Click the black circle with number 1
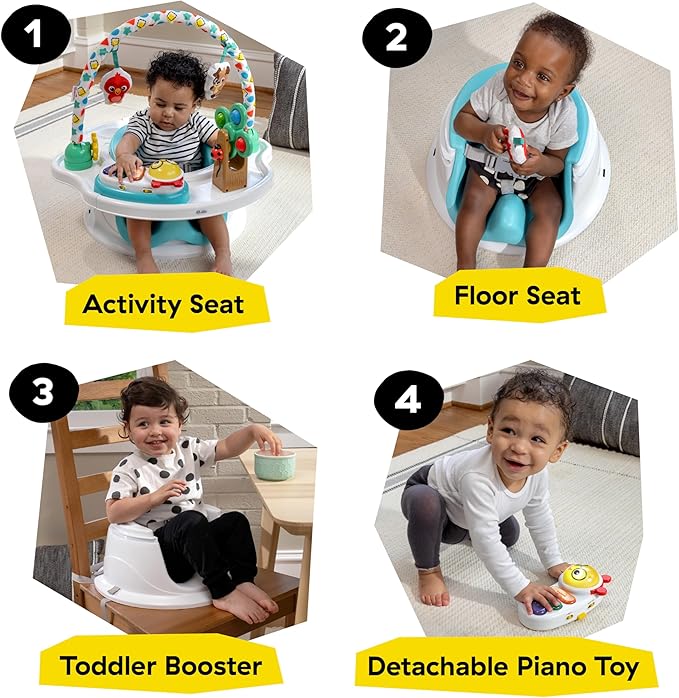(36, 34)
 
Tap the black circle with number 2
(397, 37)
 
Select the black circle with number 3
(44, 392)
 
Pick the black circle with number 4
(408, 399)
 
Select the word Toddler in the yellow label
(108, 666)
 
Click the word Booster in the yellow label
(213, 666)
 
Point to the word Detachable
(438, 666)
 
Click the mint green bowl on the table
(275, 464)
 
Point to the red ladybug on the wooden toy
(217, 154)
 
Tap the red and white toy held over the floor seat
(514, 142)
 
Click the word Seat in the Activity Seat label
(216, 304)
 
